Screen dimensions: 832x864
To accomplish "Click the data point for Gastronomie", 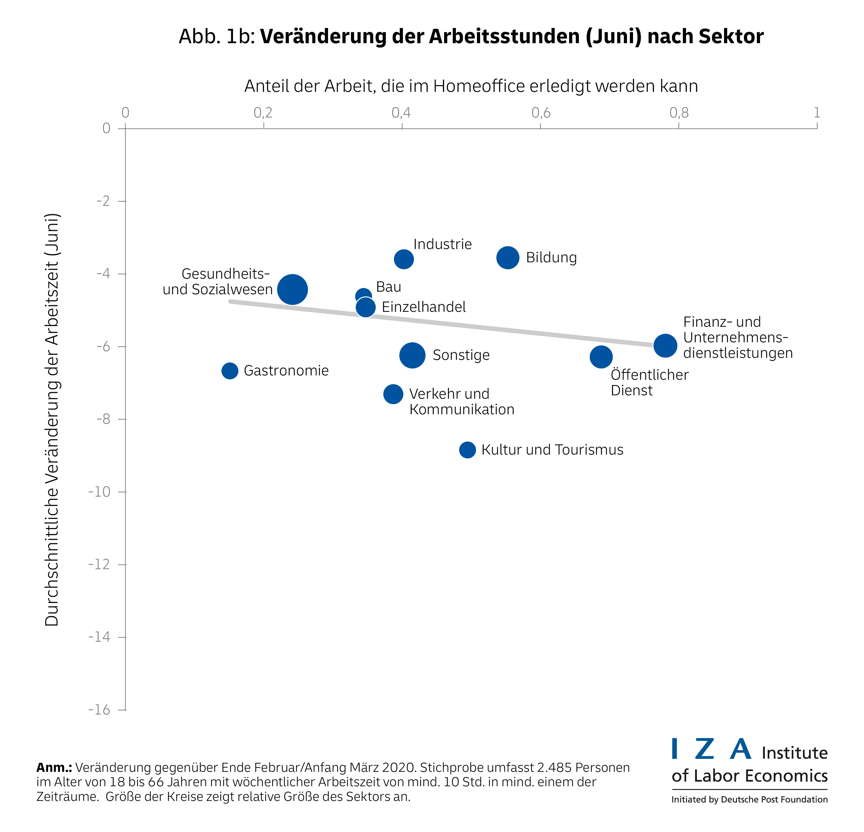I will [x=230, y=371].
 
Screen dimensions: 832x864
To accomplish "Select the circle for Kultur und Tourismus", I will [x=467, y=450].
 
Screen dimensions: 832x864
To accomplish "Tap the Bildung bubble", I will [x=507, y=257].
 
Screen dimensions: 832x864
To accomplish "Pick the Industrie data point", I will [x=403, y=259].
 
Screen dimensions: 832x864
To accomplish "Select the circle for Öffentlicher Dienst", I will [x=601, y=356].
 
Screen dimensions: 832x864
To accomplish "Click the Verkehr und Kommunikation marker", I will [x=393, y=394].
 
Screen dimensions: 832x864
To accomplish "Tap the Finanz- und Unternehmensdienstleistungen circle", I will [x=665, y=345].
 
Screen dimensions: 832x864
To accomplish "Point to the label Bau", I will [x=388, y=287].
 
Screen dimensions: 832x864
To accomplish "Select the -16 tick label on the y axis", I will [x=100, y=710].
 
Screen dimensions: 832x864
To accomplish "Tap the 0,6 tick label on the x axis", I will [x=541, y=113].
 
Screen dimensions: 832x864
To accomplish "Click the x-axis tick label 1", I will [x=816, y=113].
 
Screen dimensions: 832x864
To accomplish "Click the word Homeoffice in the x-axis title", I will [x=479, y=86].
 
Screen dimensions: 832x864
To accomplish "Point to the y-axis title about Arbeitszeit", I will [x=52, y=419].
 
